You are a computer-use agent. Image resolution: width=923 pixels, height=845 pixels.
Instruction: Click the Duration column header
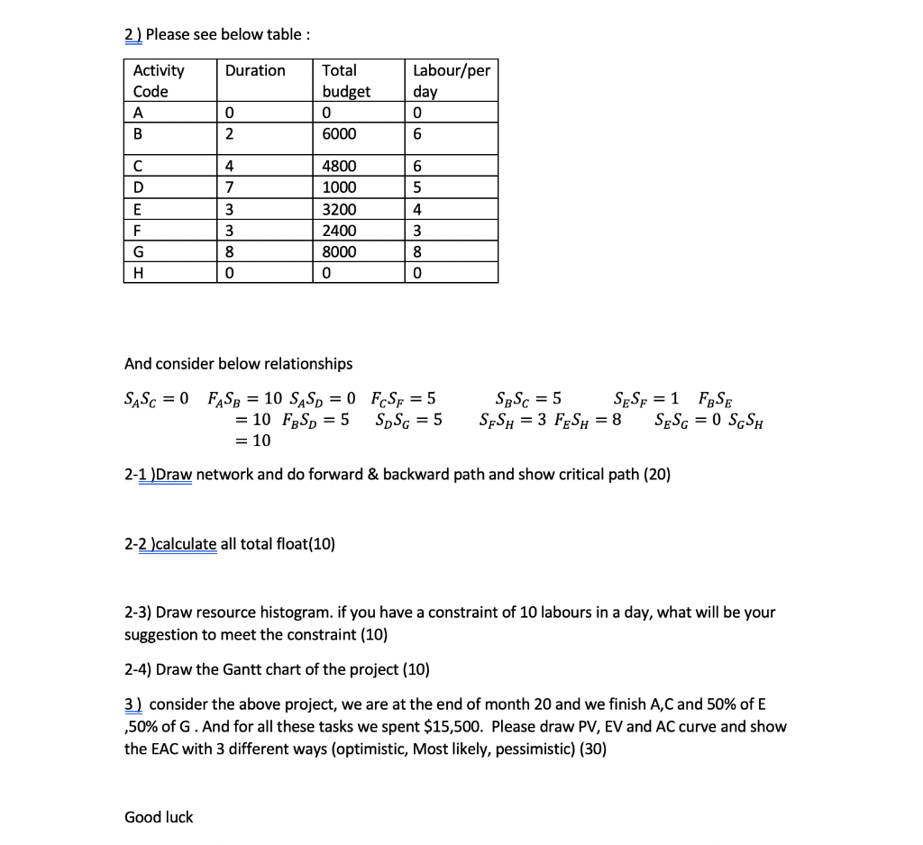(255, 70)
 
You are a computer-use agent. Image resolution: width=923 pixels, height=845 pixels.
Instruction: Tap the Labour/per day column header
(451, 80)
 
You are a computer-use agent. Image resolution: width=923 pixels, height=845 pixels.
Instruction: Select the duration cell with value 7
(230, 187)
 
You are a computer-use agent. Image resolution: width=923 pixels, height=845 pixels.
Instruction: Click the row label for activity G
(139, 252)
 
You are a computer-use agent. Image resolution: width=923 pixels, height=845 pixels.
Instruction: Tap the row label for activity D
(139, 187)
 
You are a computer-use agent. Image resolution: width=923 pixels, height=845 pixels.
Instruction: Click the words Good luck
(159, 817)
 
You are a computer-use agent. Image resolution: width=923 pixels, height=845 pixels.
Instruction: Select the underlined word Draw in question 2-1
(174, 475)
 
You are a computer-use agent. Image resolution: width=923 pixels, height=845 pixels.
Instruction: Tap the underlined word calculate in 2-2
(187, 543)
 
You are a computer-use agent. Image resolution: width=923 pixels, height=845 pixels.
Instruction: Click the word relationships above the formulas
(306, 364)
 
